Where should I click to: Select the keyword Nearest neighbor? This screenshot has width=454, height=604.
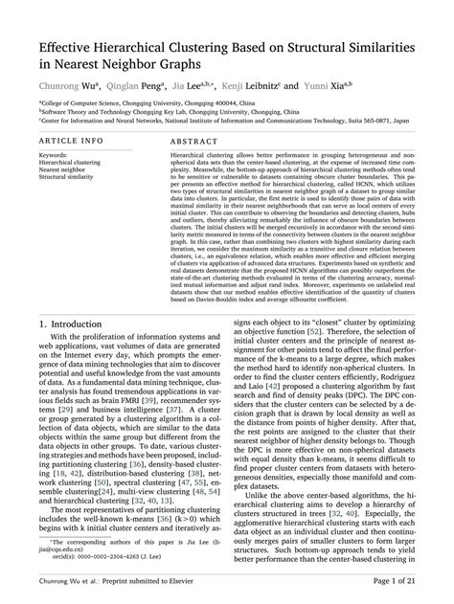(x=63, y=169)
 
